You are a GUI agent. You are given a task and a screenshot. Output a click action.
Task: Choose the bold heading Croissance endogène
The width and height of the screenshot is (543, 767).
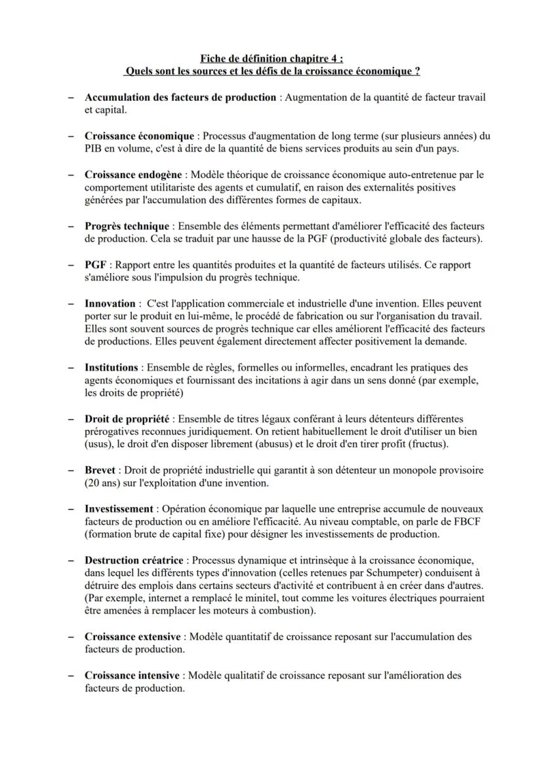coord(134,175)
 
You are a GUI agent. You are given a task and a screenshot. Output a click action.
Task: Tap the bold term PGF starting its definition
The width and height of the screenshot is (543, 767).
coord(95,265)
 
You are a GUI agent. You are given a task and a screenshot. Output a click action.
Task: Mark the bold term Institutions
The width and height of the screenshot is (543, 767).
coord(111,367)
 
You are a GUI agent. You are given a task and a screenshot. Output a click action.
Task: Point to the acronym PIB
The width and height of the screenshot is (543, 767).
coord(94,149)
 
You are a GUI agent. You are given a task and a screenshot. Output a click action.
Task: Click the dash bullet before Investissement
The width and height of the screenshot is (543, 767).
coord(70,509)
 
